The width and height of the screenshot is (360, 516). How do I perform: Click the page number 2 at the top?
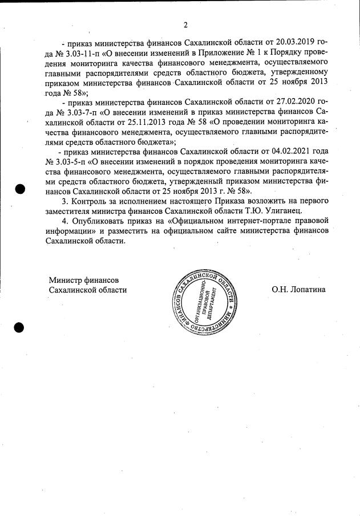185,25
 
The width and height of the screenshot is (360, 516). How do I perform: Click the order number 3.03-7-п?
74,111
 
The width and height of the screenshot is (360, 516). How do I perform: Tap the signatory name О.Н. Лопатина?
298,290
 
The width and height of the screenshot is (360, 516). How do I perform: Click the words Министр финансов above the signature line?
83,280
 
